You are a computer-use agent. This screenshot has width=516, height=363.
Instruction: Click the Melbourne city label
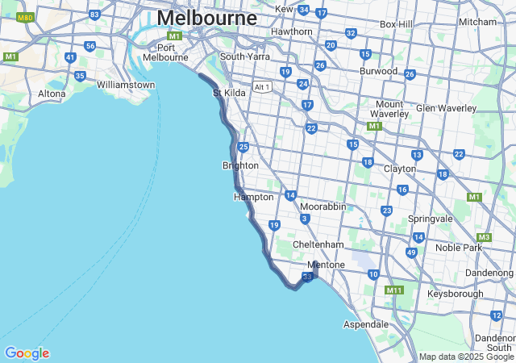207,18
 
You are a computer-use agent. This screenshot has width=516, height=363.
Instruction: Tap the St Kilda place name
229,94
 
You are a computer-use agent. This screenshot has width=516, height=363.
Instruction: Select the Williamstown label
125,85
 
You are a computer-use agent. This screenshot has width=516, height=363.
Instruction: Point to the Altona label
52,94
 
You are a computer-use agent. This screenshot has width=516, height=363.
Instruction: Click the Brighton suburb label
240,165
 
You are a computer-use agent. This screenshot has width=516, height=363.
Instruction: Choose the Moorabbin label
322,207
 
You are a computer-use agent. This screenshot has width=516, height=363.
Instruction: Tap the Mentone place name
326,265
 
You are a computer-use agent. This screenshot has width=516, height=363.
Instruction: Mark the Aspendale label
365,323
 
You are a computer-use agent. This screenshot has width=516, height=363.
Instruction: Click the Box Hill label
395,24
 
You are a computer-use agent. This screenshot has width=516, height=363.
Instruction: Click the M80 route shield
25,16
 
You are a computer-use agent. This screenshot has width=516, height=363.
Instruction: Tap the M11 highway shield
394,290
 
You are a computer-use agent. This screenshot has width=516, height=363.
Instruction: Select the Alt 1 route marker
261,87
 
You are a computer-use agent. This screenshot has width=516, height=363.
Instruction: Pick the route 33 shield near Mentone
307,277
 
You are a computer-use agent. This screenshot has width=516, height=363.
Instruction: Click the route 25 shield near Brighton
243,147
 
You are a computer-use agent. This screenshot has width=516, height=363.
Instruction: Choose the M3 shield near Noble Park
484,237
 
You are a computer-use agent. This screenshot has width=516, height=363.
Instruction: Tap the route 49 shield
411,252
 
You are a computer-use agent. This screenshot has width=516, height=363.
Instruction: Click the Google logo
27,353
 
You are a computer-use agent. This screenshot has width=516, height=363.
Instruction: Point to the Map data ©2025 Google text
465,357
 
